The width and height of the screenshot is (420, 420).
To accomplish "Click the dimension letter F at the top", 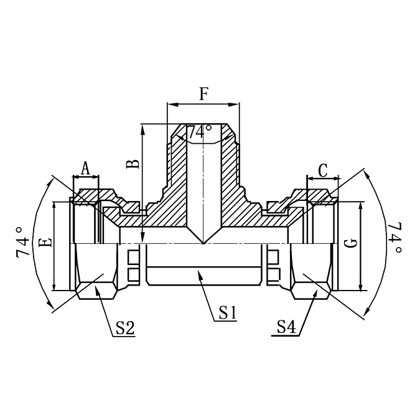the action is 203,93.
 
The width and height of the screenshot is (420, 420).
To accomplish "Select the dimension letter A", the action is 85,167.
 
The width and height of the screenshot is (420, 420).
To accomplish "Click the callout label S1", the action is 228,312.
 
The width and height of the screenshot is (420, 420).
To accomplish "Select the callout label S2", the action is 125,328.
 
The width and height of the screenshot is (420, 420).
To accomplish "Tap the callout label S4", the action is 286,327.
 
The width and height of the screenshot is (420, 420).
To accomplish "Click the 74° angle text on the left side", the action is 22,243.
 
